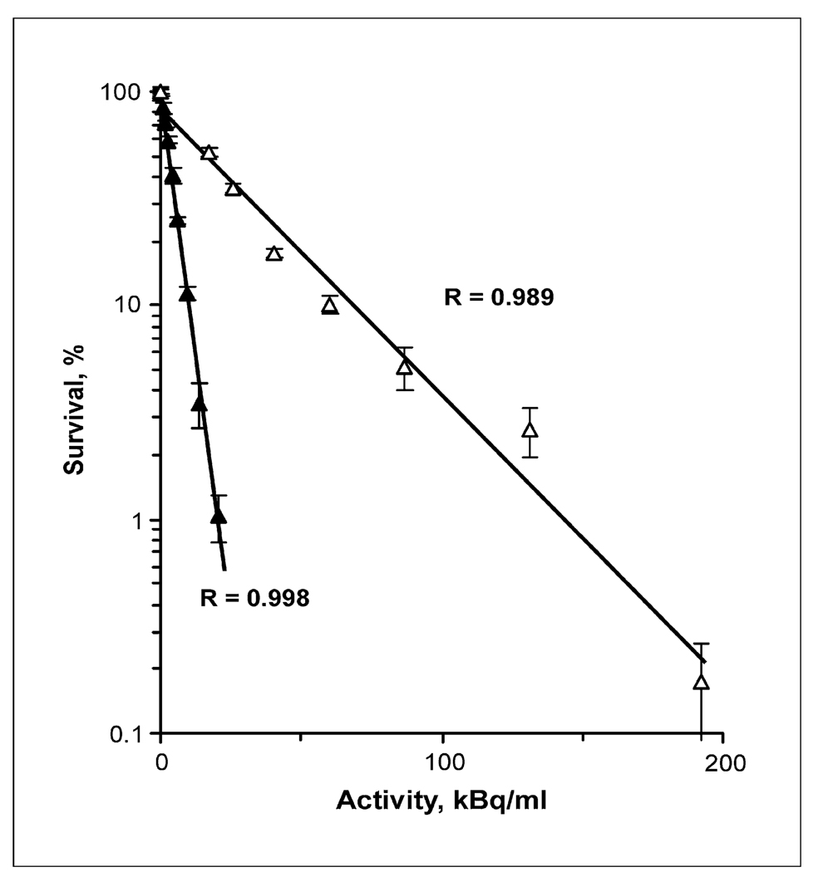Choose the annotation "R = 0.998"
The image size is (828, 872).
coord(254,598)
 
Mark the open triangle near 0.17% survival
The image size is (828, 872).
coord(702,683)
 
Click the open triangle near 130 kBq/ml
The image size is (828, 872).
coord(530,430)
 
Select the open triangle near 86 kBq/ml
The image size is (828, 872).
coord(405,366)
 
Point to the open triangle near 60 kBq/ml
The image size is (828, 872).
coord(330,306)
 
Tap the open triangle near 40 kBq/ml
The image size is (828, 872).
coord(274,254)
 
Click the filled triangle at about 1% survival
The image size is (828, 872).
coord(218,517)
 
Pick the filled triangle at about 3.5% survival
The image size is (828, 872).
coord(199,404)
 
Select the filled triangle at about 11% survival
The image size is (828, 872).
coord(187,294)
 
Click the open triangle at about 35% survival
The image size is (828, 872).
coord(233,189)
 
